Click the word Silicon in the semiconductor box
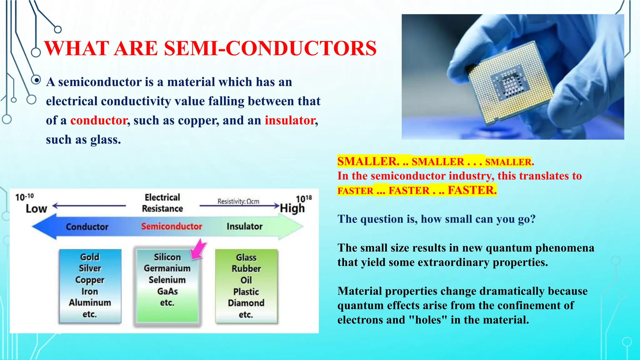pos(167,257)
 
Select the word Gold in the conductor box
pos(90,257)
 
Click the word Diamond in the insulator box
pos(246,303)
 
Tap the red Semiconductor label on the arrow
pos(172,226)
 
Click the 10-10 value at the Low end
pos(24,197)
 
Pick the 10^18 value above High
pos(304,198)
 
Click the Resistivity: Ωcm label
pos(238,201)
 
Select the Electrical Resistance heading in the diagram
pos(162,203)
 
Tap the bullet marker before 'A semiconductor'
pos(37,80)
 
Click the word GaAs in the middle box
pos(167,291)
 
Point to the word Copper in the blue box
pos(90,280)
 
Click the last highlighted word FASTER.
pos(472,190)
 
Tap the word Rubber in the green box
pos(246,268)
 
